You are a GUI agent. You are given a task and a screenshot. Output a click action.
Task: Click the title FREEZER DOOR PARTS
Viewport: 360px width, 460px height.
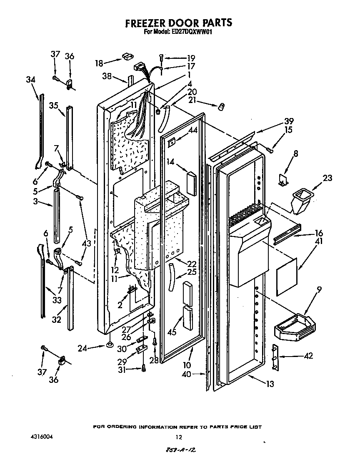[x=178, y=23]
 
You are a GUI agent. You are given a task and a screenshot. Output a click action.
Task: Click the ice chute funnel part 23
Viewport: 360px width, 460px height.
[x=302, y=200]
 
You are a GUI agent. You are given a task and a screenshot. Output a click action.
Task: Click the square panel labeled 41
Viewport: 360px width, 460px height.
[x=287, y=276]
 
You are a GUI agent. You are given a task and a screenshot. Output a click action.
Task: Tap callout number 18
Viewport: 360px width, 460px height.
[x=99, y=63]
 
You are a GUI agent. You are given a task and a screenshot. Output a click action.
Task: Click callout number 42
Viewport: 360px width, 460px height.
[x=308, y=356]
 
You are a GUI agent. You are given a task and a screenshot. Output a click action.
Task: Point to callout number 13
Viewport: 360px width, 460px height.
[x=270, y=384]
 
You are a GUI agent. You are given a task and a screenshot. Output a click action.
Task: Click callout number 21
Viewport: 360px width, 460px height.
[x=192, y=100]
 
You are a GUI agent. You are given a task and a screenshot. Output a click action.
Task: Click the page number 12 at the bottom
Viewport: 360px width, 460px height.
[x=179, y=437]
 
